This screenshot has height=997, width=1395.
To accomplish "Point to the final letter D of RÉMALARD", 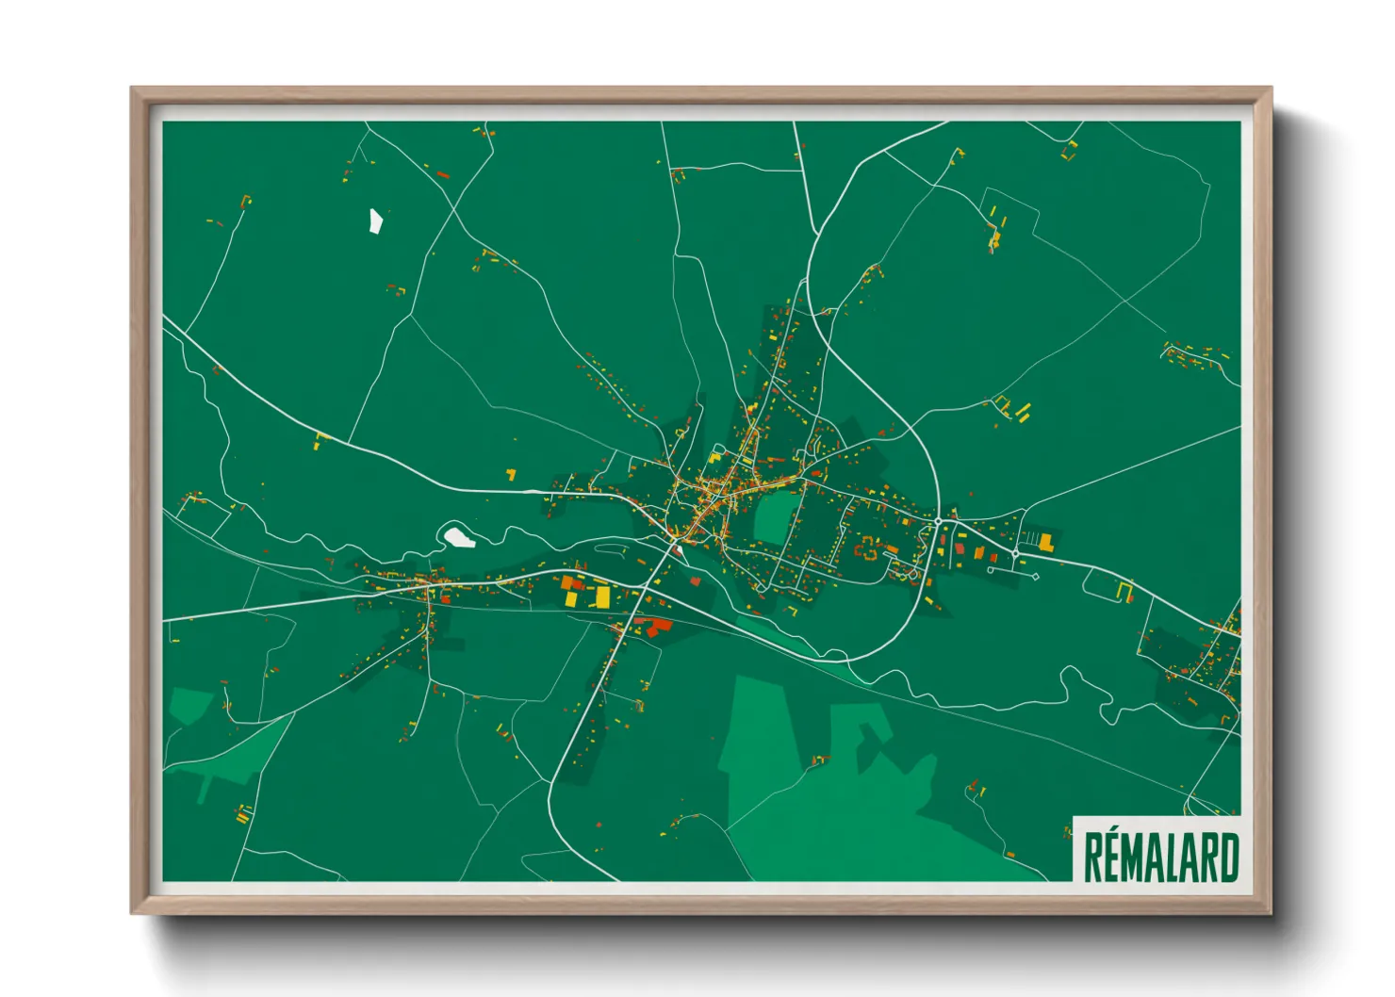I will point(1228,858).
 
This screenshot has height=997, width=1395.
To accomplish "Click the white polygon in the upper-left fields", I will point(375,221).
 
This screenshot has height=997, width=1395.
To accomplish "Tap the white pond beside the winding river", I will point(459,537).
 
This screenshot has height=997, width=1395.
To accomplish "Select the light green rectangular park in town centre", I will point(775,517).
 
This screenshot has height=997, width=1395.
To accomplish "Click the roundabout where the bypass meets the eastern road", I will point(939,521).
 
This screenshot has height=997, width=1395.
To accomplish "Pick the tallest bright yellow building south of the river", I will point(602,597).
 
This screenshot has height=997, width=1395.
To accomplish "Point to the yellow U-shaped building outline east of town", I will point(1124,591).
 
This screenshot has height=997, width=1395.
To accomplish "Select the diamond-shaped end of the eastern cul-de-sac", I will point(1036,576).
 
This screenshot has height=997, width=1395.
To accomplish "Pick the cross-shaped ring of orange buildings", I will point(868,550).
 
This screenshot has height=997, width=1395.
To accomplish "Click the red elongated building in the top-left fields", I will point(443,174).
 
